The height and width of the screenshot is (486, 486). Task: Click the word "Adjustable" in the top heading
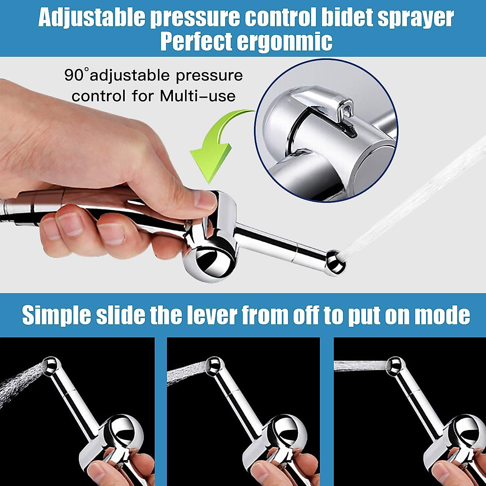[x=91, y=18]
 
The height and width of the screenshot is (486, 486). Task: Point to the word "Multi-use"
[x=198, y=96]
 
